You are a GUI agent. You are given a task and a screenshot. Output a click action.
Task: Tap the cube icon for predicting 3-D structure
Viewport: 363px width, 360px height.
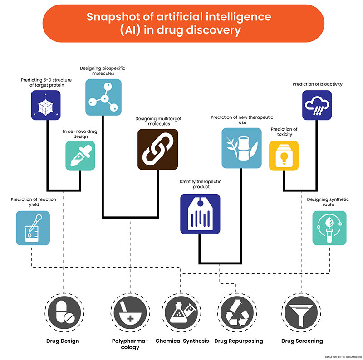click(46, 105)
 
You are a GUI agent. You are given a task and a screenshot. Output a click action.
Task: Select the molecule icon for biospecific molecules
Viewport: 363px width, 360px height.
click(103, 97)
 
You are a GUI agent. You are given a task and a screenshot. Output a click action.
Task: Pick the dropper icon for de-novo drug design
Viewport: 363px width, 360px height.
click(80, 156)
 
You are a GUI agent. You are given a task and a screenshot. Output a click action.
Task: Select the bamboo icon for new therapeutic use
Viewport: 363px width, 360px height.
click(241, 148)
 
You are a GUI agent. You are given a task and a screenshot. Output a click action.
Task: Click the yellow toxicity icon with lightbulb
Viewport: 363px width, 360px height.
click(284, 156)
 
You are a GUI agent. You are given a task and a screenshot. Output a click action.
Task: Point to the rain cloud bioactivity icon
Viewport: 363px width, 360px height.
click(317, 105)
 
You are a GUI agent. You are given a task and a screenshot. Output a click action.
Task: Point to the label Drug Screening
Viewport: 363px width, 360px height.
click(302, 341)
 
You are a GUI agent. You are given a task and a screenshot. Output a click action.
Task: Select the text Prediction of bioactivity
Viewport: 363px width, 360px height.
click(317, 84)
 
